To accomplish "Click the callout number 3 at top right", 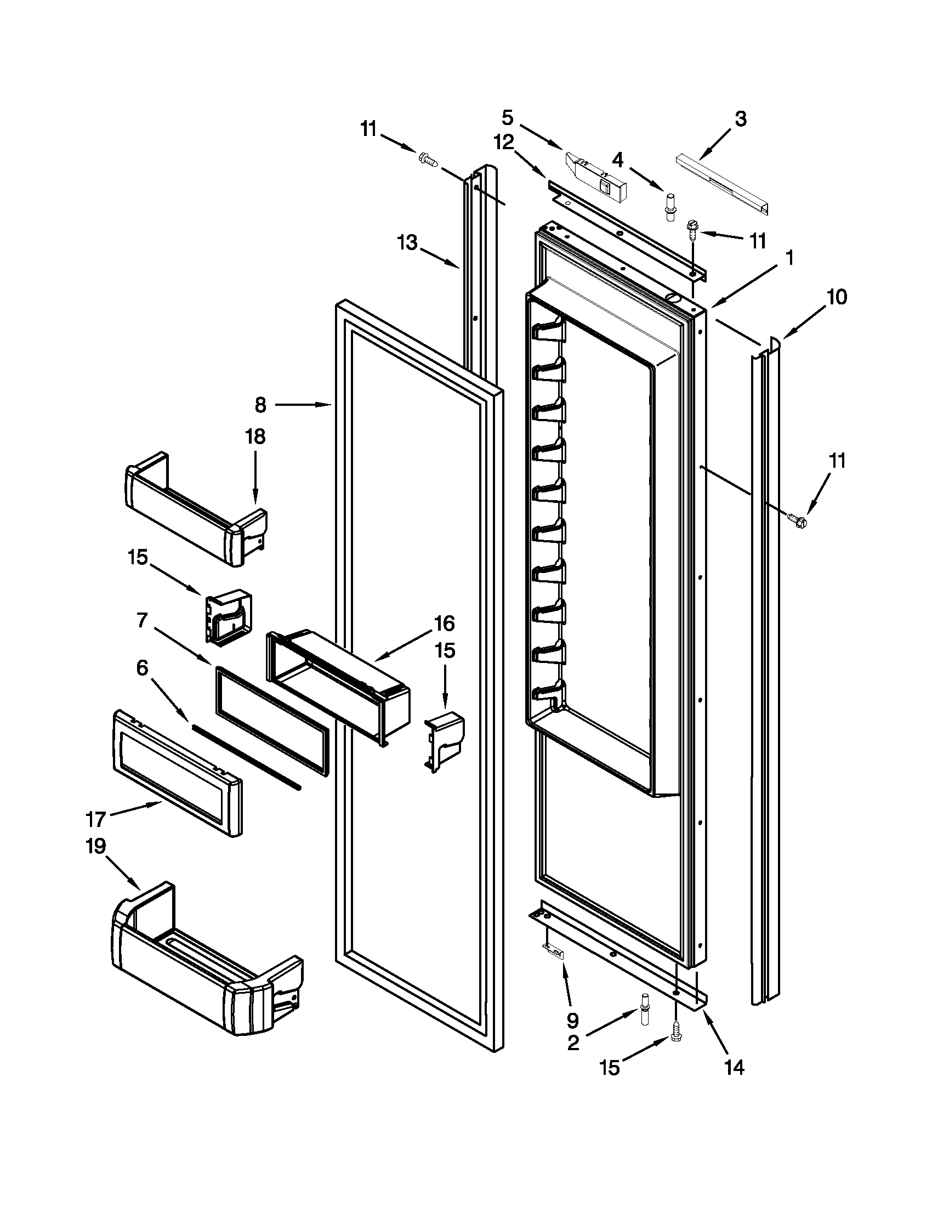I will coord(740,119).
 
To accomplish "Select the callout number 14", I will coord(734,1068).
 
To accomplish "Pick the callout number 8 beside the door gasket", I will coord(261,405).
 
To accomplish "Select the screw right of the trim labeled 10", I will coord(797,518).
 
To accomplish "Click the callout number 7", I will coord(143,621).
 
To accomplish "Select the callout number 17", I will coord(95,819).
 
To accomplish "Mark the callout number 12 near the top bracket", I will coord(503,143).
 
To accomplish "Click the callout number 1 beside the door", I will coord(789,258).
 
